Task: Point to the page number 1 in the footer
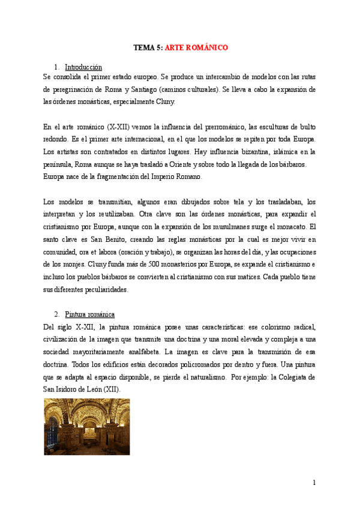tap(314, 483)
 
